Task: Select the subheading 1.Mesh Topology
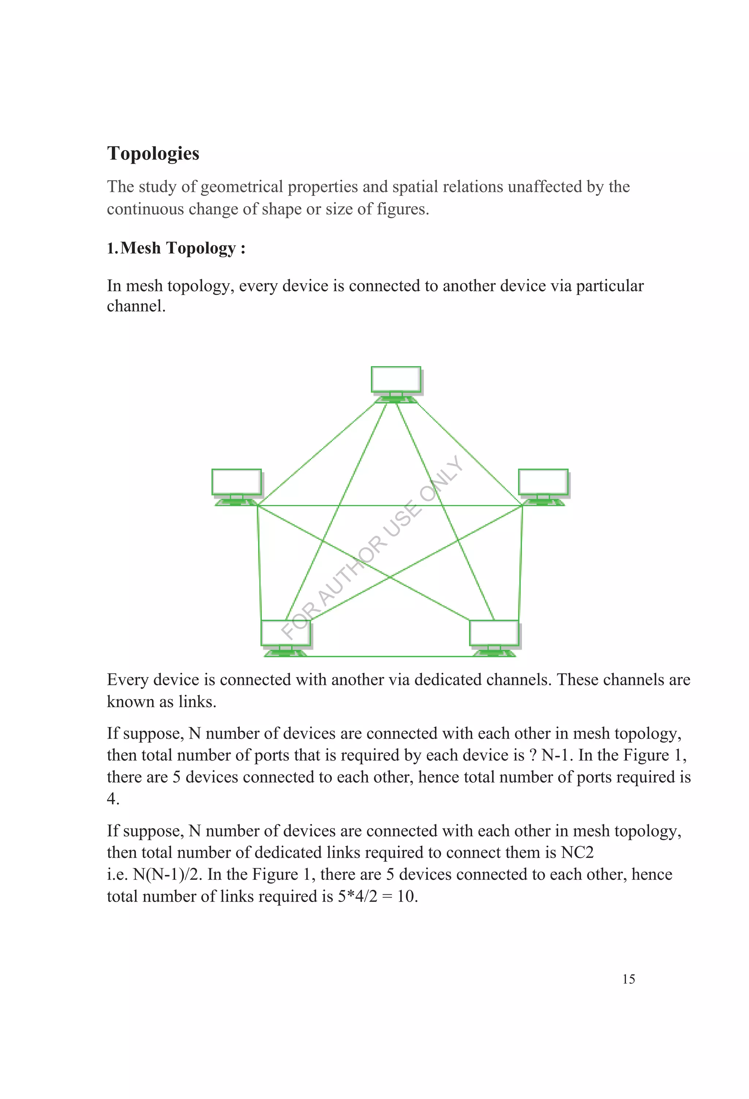click(x=176, y=248)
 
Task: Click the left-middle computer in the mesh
click(x=237, y=485)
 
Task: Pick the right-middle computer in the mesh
click(x=543, y=485)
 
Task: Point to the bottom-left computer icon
click(x=286, y=636)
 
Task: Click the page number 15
click(x=628, y=979)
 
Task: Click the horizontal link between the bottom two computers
click(x=390, y=656)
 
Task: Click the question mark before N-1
click(x=532, y=755)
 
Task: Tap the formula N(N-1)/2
click(x=168, y=874)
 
